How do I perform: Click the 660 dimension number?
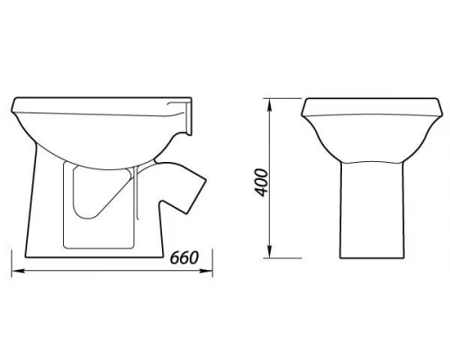pos(184,258)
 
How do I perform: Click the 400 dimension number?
pos(260,183)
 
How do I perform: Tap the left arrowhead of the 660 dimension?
pos(18,271)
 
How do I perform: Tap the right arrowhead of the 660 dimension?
pos(206,271)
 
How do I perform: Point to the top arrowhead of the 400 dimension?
pos(270,105)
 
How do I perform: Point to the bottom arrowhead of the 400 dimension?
pos(270,251)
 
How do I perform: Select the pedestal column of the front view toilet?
pos(372,210)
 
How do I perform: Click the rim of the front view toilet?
pos(372,107)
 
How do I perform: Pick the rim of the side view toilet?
pos(102,105)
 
